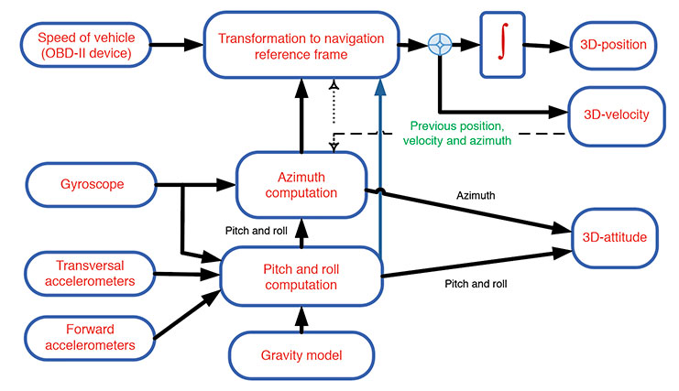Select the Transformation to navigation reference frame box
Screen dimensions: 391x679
tap(301, 45)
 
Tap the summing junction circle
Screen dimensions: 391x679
tap(441, 44)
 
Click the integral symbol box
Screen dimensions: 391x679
tap(502, 44)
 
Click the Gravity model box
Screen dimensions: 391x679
tap(301, 353)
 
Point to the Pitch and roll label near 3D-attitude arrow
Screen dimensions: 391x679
tap(474, 284)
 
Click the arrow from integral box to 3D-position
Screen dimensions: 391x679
tap(546, 44)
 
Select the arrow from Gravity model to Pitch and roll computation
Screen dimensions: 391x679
tap(301, 316)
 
